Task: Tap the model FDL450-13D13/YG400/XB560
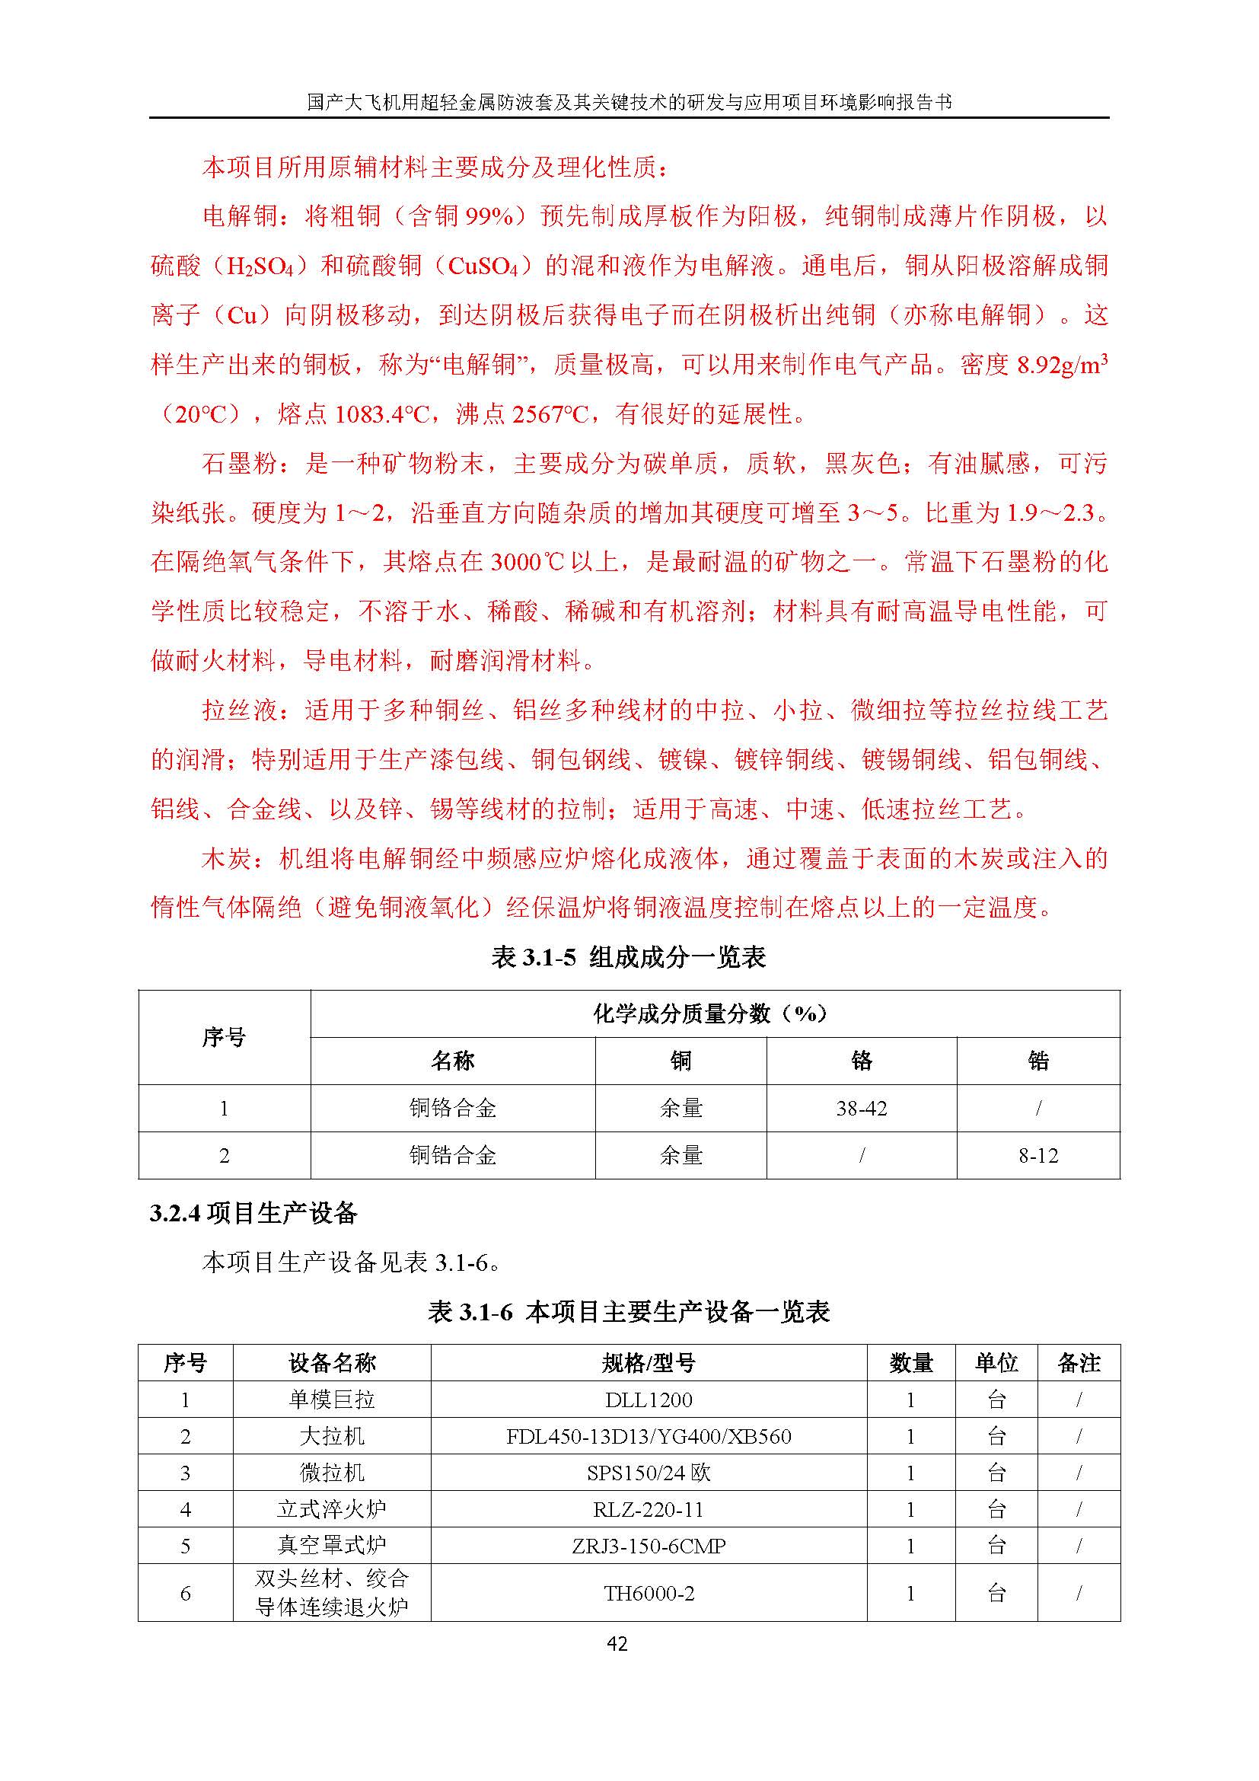(x=648, y=1437)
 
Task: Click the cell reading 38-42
(x=862, y=1109)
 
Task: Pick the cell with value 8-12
(x=1038, y=1156)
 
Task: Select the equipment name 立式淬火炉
(x=332, y=1509)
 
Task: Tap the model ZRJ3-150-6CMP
(x=648, y=1546)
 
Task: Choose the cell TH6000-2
(x=648, y=1593)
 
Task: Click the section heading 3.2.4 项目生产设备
(x=253, y=1213)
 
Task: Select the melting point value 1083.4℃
(x=381, y=415)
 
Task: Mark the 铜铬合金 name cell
(x=453, y=1109)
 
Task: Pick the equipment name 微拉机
(x=332, y=1473)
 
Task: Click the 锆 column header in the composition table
(x=1038, y=1061)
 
